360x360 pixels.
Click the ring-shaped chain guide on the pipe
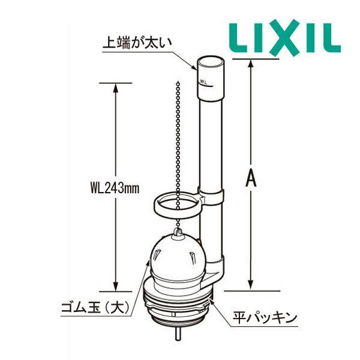coord(176,205)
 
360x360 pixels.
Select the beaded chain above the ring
coord(179,138)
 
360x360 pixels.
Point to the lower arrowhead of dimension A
coord(253,285)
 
